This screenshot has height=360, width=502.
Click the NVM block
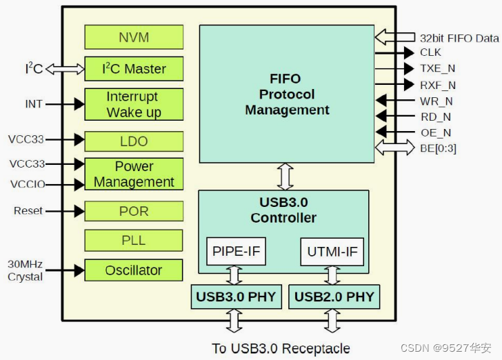(x=134, y=37)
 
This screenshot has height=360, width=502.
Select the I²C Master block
(x=134, y=69)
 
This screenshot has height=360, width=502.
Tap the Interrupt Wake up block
(x=134, y=104)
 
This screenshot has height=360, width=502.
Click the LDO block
(x=134, y=141)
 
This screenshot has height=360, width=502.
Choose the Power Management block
(x=134, y=174)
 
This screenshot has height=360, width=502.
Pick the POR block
(x=134, y=211)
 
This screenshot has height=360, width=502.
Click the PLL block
(x=134, y=240)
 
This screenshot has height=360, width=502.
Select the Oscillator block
(x=134, y=270)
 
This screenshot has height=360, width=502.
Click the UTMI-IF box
(x=332, y=252)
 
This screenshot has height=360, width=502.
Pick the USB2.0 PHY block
(x=334, y=297)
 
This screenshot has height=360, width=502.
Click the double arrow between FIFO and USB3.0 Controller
(x=285, y=177)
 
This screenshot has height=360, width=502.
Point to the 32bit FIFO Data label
(x=459, y=38)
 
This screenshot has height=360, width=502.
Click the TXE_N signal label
(x=438, y=68)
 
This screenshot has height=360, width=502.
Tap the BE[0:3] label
(x=438, y=148)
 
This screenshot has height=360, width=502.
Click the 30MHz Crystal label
(x=25, y=270)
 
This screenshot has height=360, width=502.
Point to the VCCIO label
(x=27, y=184)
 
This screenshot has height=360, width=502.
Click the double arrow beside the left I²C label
(x=65, y=69)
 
